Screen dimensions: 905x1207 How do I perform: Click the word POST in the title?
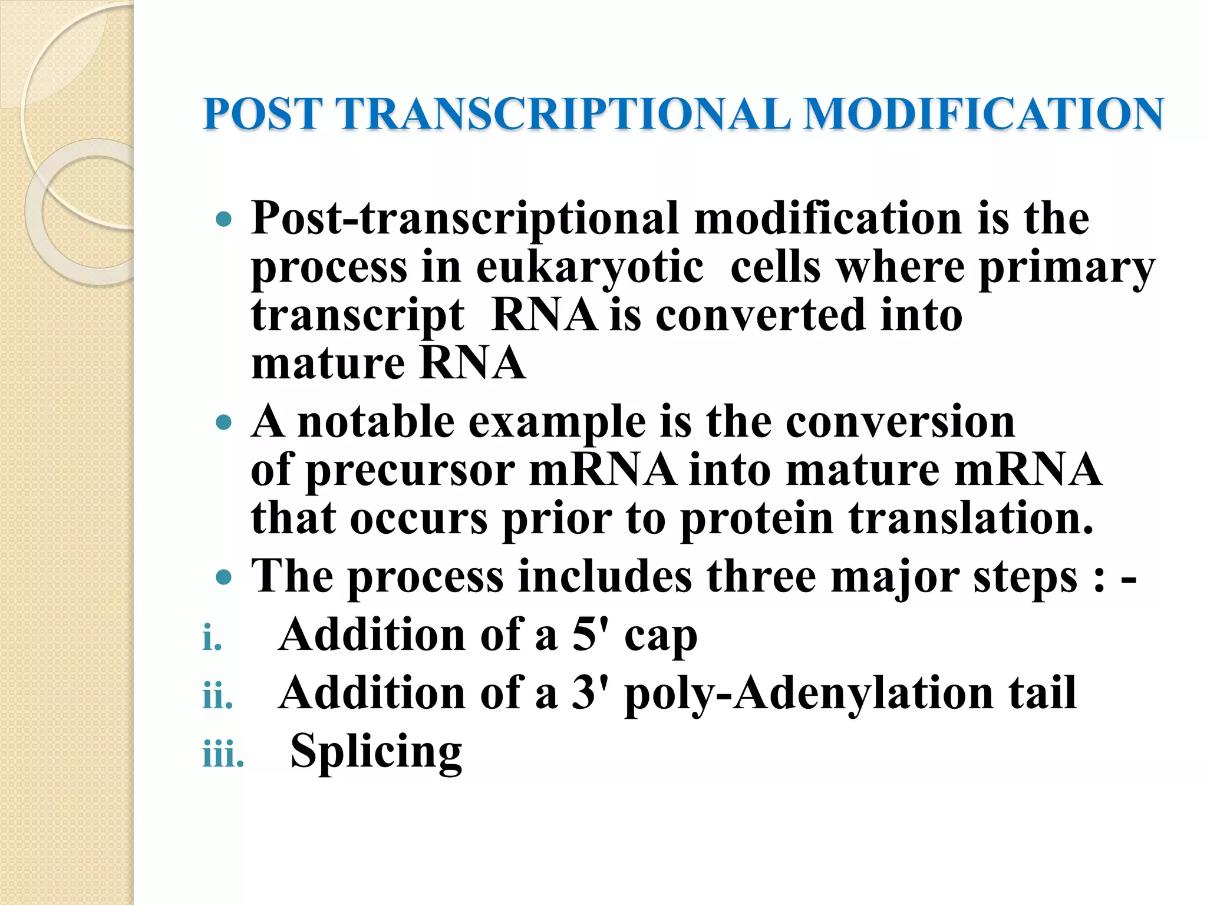(x=263, y=114)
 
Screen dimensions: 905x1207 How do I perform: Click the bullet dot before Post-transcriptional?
(x=224, y=221)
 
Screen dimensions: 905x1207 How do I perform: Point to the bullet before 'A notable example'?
(x=224, y=423)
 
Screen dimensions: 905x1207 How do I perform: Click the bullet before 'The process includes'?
(x=224, y=577)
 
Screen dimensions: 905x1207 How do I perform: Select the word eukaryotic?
(x=589, y=268)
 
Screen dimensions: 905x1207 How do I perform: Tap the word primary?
(x=1067, y=268)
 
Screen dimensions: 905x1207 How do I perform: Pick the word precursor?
(x=411, y=471)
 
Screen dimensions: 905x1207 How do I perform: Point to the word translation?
(x=971, y=519)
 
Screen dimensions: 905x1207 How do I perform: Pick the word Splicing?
(x=376, y=752)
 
